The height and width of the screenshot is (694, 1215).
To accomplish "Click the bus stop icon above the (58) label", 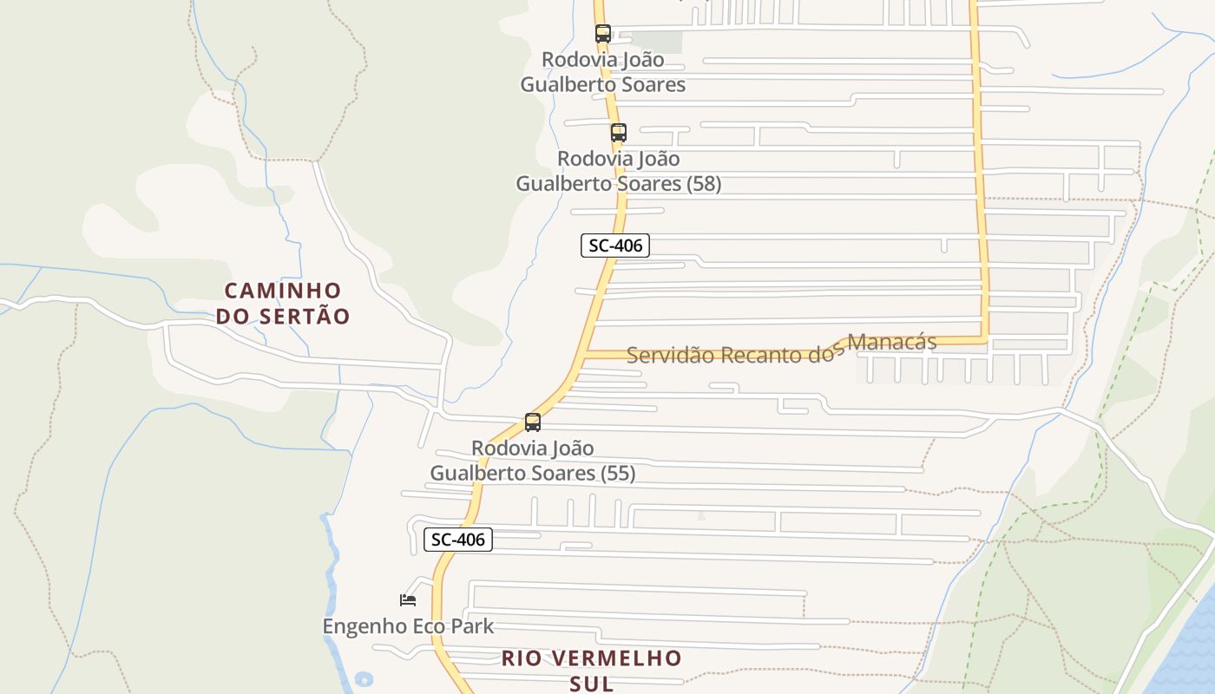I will [618, 133].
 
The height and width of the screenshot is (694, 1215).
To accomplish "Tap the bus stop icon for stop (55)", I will [533, 422].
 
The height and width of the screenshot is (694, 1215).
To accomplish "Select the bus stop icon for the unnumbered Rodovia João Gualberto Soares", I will [602, 34].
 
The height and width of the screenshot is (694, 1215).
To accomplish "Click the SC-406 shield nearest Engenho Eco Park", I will [458, 540].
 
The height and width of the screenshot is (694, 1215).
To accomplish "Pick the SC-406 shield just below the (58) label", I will [615, 246].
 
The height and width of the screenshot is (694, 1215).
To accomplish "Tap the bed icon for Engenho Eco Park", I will [408, 599].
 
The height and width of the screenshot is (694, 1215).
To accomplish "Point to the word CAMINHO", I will [283, 291].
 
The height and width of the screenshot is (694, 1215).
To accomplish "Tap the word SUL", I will [592, 684].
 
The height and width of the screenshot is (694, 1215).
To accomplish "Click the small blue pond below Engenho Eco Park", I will [364, 679].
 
